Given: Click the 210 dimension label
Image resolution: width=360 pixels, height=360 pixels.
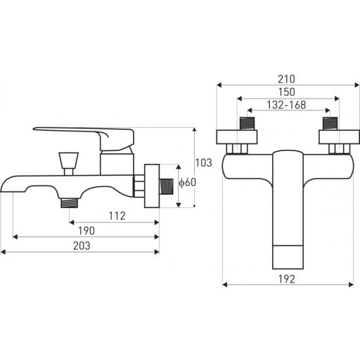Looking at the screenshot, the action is coord(286,79).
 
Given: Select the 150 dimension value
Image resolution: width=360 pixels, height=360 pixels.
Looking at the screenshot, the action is coord(287,92).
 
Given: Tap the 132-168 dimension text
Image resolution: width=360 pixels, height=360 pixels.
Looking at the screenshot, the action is coord(286,105).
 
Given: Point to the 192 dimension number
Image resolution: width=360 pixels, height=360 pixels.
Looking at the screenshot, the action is coord(287,279).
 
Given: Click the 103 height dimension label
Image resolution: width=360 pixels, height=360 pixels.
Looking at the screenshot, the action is coord(204,162).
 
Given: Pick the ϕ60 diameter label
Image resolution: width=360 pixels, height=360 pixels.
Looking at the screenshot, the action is coord(188,182).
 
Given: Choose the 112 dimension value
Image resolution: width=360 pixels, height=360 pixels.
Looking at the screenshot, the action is coord(117,216).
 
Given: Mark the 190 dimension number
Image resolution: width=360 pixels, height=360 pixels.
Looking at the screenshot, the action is coord(86,231).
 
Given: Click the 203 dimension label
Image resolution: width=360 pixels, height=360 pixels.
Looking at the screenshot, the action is coord(82,246).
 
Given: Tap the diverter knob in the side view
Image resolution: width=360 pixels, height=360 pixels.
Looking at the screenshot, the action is coord(68,163).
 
